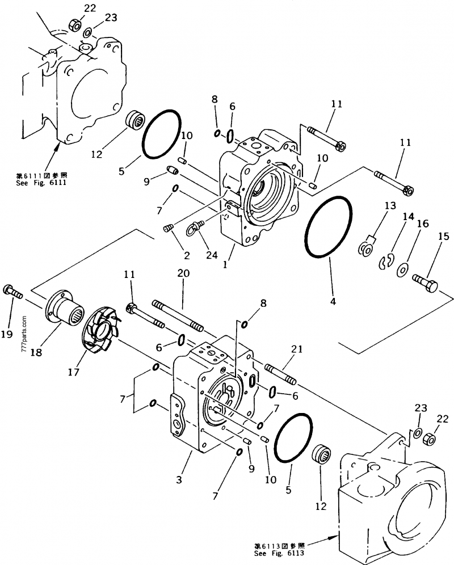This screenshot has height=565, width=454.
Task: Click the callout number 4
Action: pyautogui.click(x=333, y=302)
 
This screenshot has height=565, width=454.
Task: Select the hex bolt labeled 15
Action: pyautogui.click(x=424, y=281)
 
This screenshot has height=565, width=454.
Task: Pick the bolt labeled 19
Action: pyautogui.click(x=12, y=292)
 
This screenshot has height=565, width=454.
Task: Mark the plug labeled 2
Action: pyautogui.click(x=167, y=228)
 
